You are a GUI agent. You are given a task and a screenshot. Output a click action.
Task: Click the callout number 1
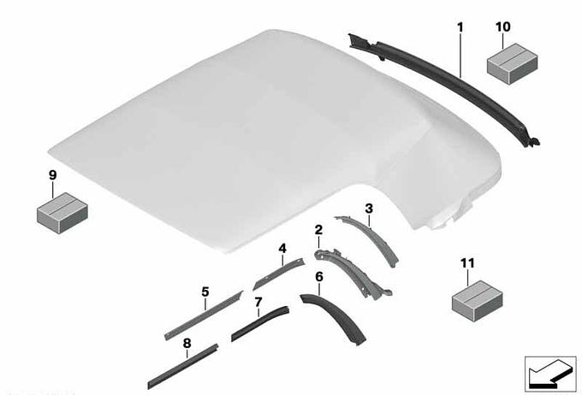click(x=460, y=27)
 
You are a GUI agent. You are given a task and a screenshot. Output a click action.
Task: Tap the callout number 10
click(x=503, y=27)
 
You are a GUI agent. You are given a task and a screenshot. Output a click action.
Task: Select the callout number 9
click(x=53, y=175)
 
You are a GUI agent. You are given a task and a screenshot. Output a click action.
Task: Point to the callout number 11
click(x=467, y=263)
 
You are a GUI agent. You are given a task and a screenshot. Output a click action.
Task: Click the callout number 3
click(x=369, y=209)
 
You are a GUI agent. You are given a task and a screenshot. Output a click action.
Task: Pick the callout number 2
click(x=318, y=230)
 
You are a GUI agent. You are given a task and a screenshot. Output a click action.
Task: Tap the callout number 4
click(x=282, y=249)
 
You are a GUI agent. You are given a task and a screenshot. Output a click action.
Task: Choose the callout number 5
click(x=205, y=292)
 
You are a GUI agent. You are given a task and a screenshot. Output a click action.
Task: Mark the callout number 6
click(x=319, y=277)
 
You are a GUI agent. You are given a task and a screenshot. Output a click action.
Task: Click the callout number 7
click(x=258, y=303)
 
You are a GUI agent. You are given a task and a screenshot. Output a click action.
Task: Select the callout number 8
click(x=187, y=344)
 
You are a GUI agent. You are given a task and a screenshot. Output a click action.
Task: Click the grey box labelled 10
click(x=512, y=64)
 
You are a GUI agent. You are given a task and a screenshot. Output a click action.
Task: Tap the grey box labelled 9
click(x=62, y=213)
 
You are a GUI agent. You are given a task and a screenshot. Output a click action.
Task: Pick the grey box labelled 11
click(x=478, y=301)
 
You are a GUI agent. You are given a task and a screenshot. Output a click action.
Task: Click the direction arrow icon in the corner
click(x=550, y=374)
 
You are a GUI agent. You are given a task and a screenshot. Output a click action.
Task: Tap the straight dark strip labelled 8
click(x=183, y=367)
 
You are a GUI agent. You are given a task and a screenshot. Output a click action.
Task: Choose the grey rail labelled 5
click(x=204, y=315)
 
